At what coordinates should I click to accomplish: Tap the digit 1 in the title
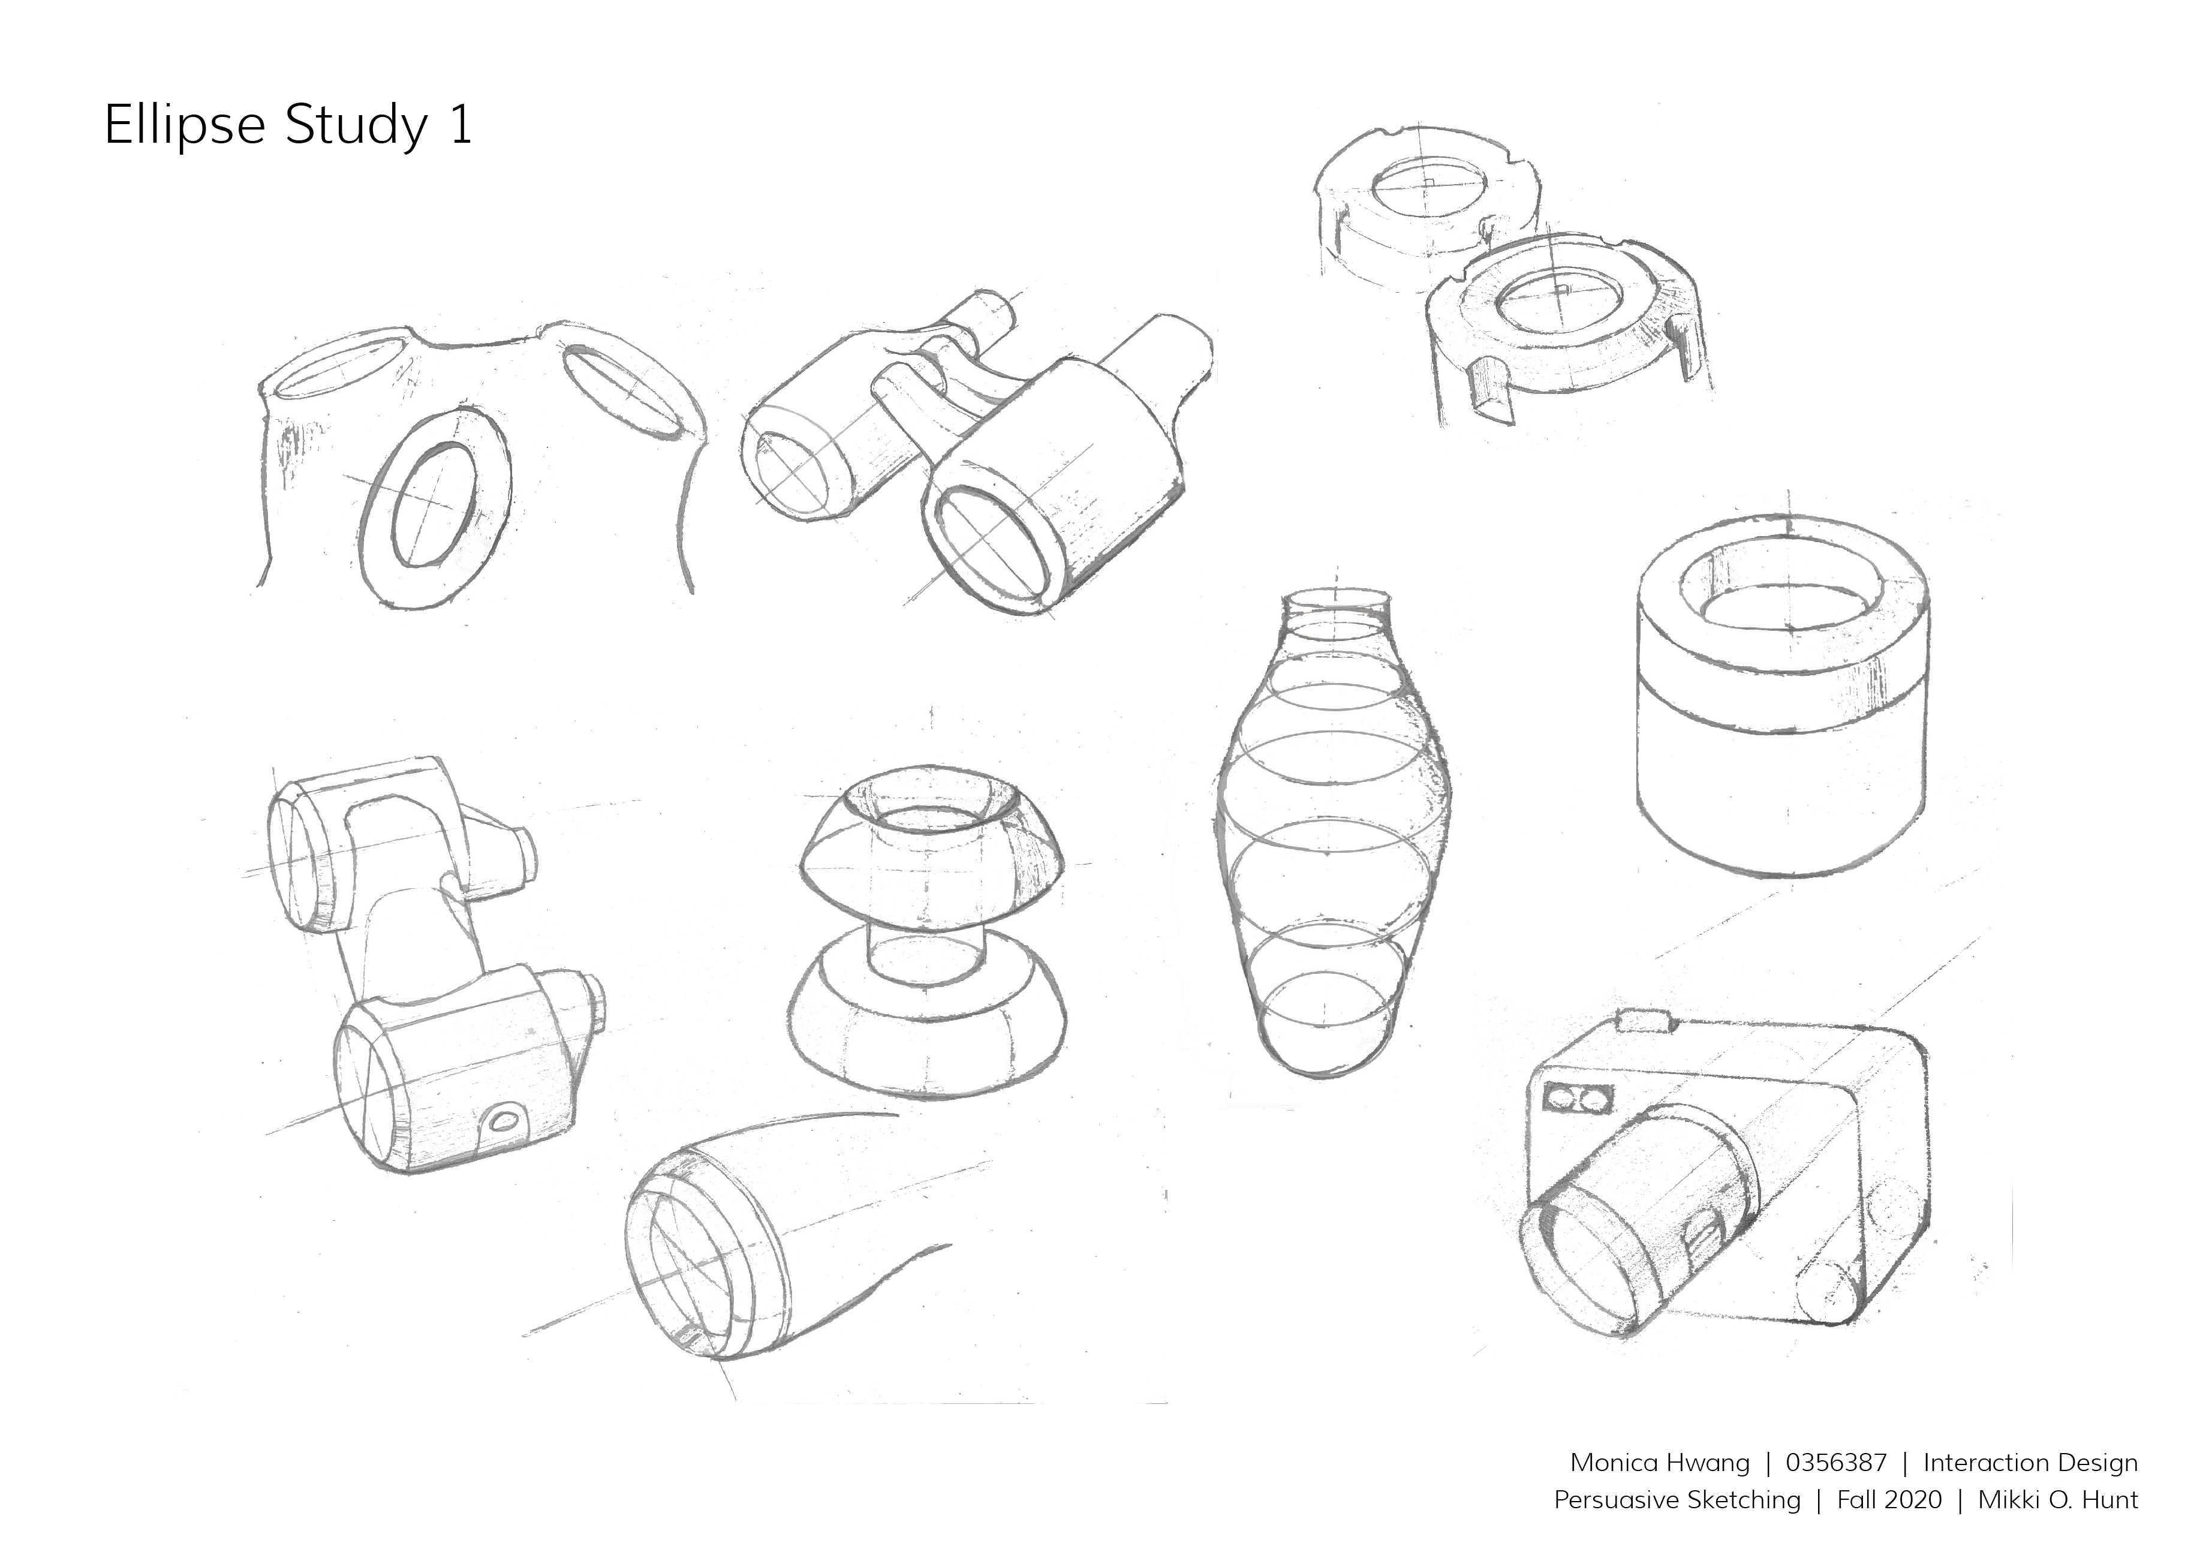(460, 125)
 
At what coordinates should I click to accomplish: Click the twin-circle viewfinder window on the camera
(1578, 1099)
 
